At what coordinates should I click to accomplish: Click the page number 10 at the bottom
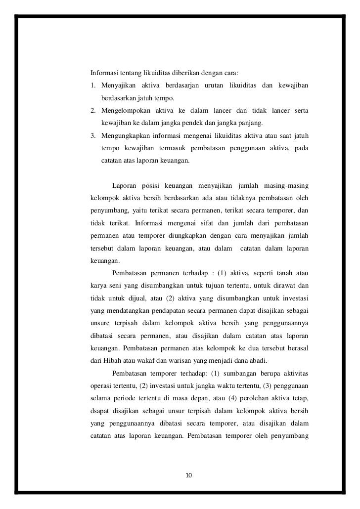click(188, 475)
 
